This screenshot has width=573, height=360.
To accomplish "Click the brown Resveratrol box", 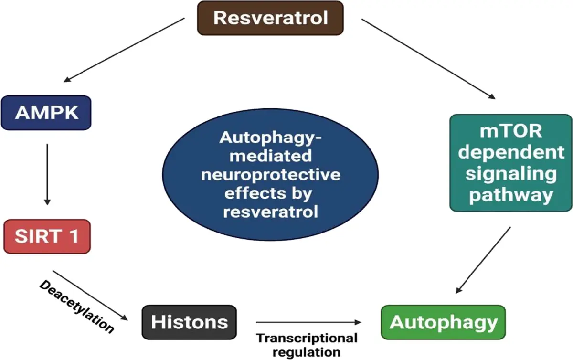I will point(270,18).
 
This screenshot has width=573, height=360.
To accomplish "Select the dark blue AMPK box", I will point(46,113).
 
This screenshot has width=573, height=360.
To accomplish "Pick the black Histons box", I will point(189,322).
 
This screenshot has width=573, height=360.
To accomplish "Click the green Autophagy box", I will point(443,322).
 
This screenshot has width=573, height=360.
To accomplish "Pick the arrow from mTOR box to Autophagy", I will point(483,260).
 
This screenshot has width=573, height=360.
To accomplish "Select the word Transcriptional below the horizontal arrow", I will point(307,339).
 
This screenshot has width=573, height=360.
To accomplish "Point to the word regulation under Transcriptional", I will point(306,352).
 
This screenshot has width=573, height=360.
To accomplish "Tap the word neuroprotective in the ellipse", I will point(271,174).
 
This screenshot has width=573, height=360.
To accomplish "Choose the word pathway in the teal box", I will point(510,195).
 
